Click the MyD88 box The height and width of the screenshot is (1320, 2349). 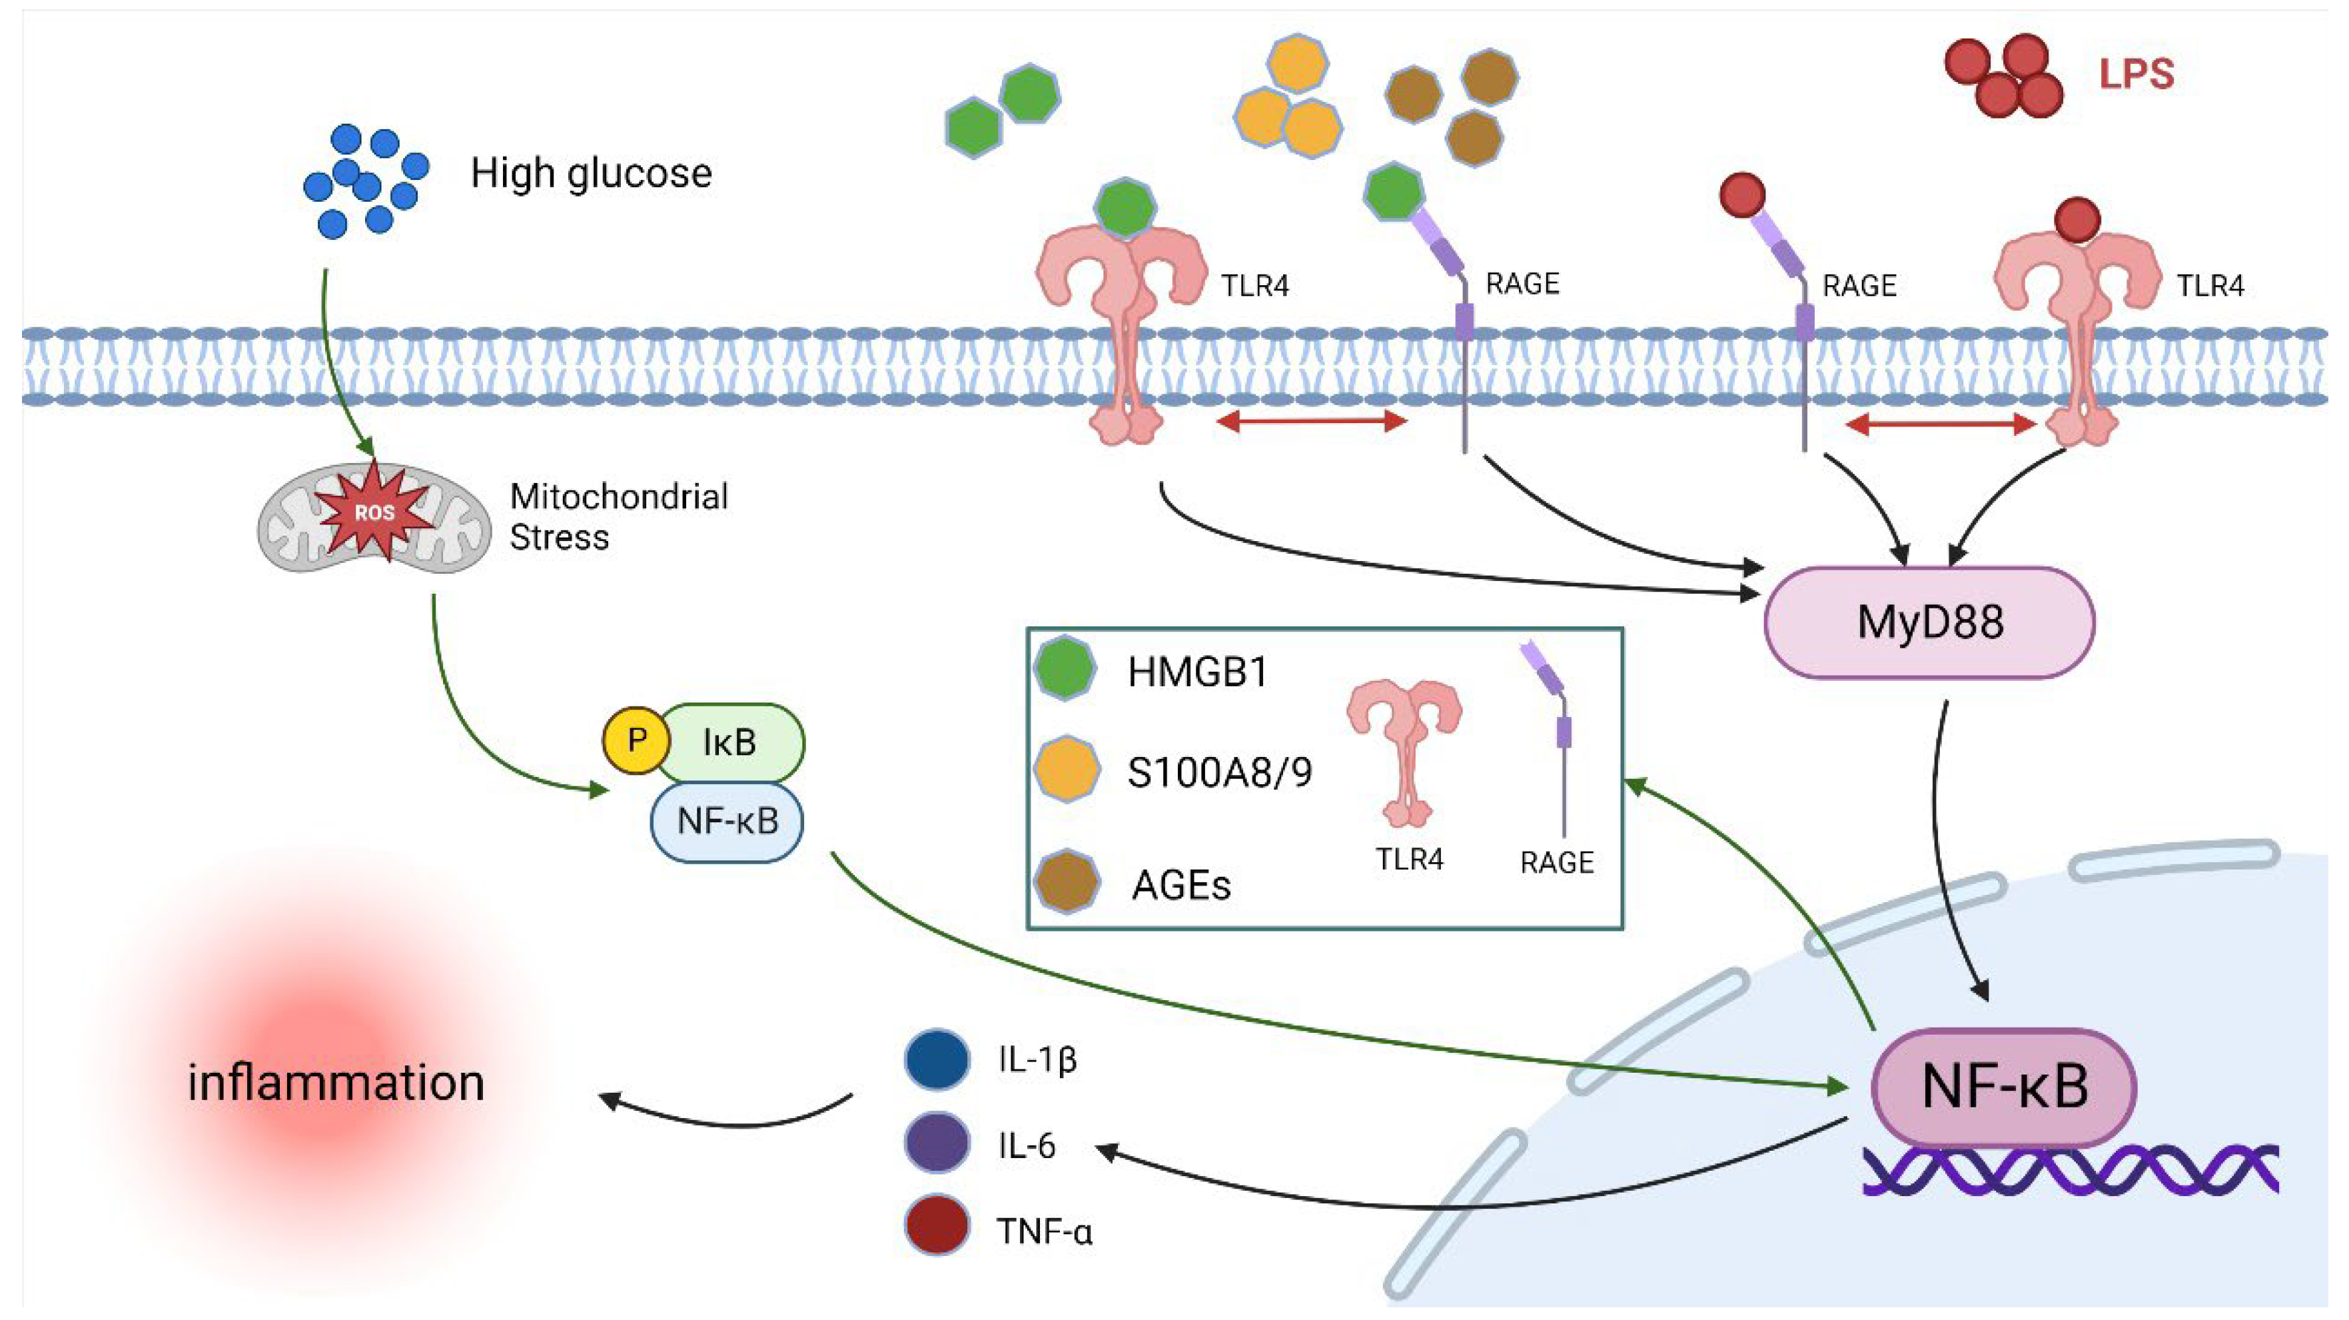(1929, 623)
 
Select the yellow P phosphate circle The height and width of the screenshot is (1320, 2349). (636, 740)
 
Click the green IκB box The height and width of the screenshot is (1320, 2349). (730, 742)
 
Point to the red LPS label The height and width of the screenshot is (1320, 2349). (2136, 74)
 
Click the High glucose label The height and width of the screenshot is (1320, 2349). (591, 173)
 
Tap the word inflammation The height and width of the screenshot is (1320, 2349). (336, 1083)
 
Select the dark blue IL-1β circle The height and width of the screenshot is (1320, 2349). (937, 1059)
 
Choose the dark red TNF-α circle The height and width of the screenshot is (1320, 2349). (937, 1225)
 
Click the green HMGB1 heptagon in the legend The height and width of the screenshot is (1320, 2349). (1065, 670)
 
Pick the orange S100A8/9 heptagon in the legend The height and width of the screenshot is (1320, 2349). (1065, 770)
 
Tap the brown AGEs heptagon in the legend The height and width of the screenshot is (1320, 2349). (1065, 881)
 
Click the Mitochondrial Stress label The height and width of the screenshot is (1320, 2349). (618, 516)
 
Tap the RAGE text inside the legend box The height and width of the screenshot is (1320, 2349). (1557, 863)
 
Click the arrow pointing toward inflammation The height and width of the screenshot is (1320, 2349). (729, 1117)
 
